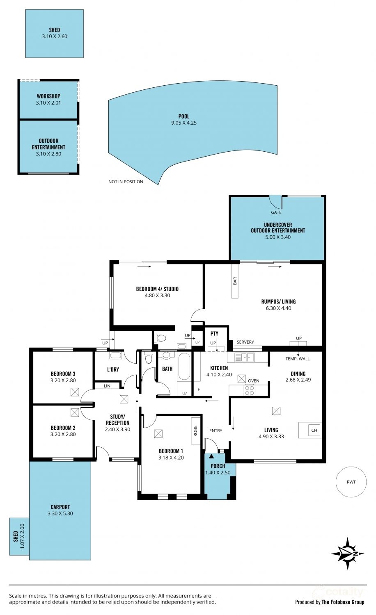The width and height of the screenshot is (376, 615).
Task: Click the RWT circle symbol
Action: point(351,482)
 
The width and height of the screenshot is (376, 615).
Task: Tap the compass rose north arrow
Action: point(348,553)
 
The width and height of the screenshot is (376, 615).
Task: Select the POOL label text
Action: point(184,116)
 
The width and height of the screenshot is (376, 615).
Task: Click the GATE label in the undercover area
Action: point(276,212)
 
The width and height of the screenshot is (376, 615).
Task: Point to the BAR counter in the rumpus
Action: point(235,281)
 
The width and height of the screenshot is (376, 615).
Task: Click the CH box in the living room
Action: point(314,430)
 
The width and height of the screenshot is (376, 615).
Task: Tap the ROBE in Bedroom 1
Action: point(195,431)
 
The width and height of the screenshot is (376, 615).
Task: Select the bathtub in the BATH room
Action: point(184,367)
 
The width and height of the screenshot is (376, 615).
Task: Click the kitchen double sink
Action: point(244,358)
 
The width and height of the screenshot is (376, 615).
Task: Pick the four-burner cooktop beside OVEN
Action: point(250,390)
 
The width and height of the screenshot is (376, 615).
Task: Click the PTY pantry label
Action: point(214,334)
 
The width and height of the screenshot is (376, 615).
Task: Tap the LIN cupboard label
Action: point(107,386)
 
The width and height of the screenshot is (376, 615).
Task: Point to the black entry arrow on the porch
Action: point(211,456)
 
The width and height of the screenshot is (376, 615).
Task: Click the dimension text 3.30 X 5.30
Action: point(60,513)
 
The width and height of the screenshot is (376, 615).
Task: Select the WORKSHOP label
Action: point(49,96)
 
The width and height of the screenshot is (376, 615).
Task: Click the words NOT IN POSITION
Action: point(126,182)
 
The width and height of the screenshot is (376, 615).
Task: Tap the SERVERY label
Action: point(245,342)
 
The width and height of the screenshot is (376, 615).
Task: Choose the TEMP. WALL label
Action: point(297,359)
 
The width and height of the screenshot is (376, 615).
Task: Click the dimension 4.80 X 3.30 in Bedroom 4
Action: point(158,296)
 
